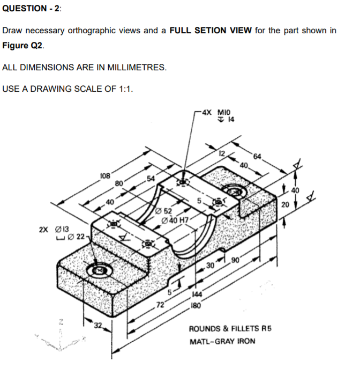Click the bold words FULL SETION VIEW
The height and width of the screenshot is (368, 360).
211,31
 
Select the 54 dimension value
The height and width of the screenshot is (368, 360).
151,179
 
